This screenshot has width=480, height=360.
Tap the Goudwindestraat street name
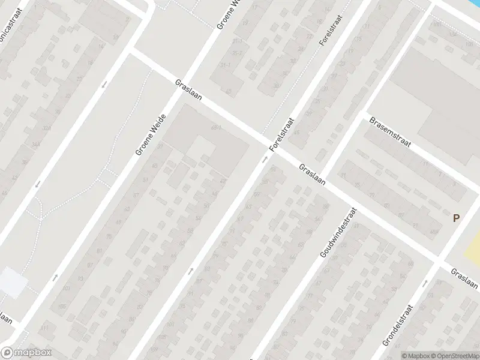(338, 233)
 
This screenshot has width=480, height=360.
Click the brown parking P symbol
(456, 219)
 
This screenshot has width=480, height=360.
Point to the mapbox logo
(25, 353)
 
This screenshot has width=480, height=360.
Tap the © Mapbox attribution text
(416, 356)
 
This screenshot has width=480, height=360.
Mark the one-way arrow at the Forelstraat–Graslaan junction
(265, 160)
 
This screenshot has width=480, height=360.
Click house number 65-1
(217, 127)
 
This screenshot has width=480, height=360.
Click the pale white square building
(12, 282)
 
